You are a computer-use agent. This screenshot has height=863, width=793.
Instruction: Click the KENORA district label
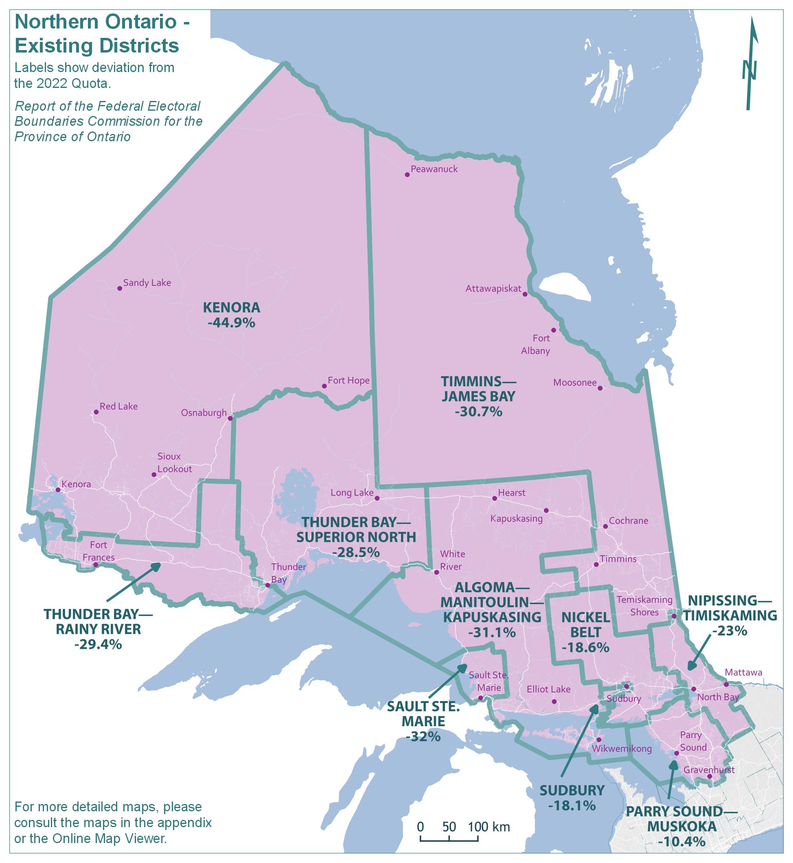(x=231, y=307)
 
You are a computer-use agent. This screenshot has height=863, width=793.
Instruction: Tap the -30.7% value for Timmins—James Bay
(x=478, y=412)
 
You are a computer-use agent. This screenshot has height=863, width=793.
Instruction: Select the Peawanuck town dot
(x=407, y=175)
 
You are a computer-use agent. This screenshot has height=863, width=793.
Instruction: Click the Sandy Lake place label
(x=147, y=283)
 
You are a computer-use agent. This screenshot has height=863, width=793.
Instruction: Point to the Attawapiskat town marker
(x=524, y=294)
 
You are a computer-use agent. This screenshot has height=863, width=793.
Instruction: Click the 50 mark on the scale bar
(x=449, y=826)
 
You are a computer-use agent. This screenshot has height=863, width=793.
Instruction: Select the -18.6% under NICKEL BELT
(x=585, y=647)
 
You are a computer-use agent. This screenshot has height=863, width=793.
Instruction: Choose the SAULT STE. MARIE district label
(x=423, y=713)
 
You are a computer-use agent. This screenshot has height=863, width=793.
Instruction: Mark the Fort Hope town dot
(x=324, y=386)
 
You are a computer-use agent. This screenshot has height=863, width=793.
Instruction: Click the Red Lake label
(x=118, y=406)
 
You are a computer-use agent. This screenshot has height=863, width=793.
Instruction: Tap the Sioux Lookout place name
(x=174, y=462)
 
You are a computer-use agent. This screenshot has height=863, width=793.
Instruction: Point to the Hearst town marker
(x=494, y=498)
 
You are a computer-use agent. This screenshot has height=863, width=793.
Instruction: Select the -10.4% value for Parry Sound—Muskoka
(x=681, y=841)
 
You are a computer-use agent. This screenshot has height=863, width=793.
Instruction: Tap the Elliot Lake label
(x=548, y=689)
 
